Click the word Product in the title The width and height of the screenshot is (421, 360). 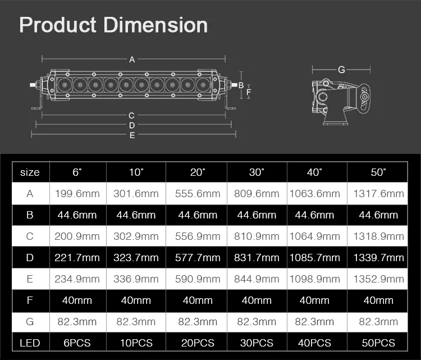pyautogui.click(x=57, y=25)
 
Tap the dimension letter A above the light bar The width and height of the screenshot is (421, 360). pyautogui.click(x=132, y=60)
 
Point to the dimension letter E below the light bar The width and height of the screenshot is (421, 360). pyautogui.click(x=132, y=135)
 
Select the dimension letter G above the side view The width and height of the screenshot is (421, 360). pyautogui.click(x=341, y=70)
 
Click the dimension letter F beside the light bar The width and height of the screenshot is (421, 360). pyautogui.click(x=249, y=92)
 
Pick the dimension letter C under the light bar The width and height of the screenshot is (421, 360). pyautogui.click(x=131, y=116)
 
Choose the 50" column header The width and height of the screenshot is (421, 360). pyautogui.click(x=378, y=172)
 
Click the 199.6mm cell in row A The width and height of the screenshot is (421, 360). pyautogui.click(x=77, y=194)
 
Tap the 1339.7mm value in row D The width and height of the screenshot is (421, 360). pyautogui.click(x=378, y=258)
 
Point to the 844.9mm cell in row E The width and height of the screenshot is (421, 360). pyautogui.click(x=257, y=279)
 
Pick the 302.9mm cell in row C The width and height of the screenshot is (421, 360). pyautogui.click(x=136, y=236)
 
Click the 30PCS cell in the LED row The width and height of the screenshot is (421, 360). pyautogui.click(x=257, y=343)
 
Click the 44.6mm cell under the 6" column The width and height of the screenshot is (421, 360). pyautogui.click(x=77, y=215)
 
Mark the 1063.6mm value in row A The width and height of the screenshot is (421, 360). pyautogui.click(x=315, y=194)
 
